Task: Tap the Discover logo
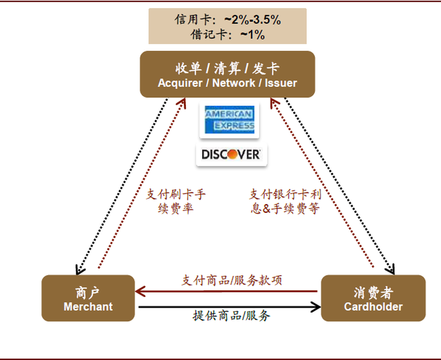tap(231, 155)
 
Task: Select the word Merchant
tap(88, 307)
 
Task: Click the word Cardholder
tap(373, 307)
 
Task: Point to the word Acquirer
tap(181, 83)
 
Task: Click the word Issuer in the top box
tap(281, 83)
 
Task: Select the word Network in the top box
tap(234, 83)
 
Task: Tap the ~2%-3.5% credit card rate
tap(252, 20)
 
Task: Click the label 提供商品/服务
tap(231, 315)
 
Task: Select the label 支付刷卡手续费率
tap(176, 201)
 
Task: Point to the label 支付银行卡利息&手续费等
tap(285, 201)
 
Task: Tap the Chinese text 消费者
tap(373, 293)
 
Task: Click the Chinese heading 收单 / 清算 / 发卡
tap(227, 69)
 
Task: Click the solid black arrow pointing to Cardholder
tap(230, 306)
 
